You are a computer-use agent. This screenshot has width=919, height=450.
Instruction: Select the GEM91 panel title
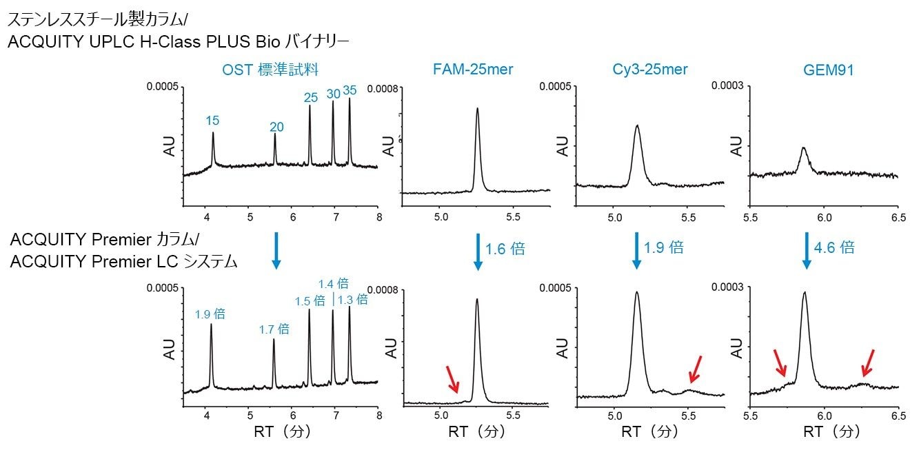coord(824,69)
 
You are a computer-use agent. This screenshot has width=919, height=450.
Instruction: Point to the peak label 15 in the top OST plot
coord(212,121)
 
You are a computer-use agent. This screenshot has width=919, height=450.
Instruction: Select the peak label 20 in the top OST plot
coord(276,127)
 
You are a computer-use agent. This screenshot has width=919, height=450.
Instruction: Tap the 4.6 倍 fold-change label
coord(834,247)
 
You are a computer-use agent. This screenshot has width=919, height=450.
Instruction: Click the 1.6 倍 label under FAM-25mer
coord(505,248)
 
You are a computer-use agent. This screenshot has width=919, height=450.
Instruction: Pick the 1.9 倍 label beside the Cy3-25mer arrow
coord(663,247)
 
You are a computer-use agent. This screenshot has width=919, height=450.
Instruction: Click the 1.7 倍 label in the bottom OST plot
coord(274,329)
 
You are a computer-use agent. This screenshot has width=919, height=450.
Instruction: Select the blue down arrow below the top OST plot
coord(276,249)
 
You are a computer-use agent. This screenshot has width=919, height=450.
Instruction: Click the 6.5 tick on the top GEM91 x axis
coord(898,216)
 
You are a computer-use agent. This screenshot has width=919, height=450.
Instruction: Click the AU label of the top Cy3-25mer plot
coord(563,146)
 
